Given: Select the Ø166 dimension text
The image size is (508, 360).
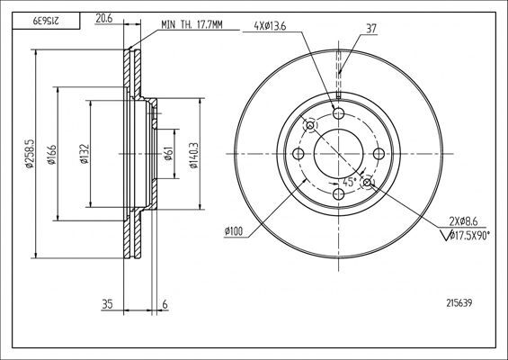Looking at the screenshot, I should click(x=54, y=155).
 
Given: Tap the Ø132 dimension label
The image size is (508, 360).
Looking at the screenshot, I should click(x=84, y=155).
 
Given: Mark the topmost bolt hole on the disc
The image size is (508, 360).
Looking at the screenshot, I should click(x=339, y=112).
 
